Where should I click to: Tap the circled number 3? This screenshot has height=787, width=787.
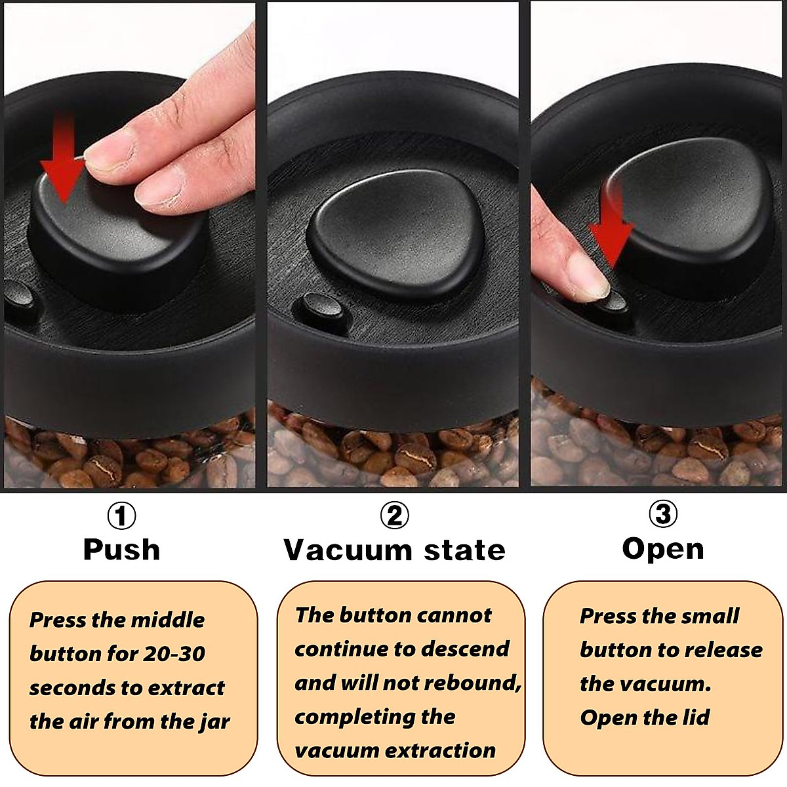pyautogui.click(x=663, y=515)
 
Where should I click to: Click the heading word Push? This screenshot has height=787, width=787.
pyautogui.click(x=121, y=550)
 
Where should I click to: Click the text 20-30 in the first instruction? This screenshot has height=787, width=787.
pyautogui.click(x=172, y=654)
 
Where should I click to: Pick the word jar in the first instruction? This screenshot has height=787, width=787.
pyautogui.click(x=213, y=722)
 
